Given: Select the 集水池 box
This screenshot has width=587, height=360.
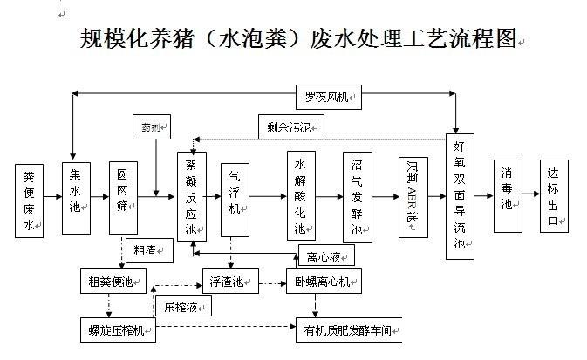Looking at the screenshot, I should tap(76, 197).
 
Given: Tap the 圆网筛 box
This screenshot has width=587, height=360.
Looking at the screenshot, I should tap(123, 197).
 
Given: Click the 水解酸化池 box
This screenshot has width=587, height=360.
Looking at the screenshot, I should tap(301, 196).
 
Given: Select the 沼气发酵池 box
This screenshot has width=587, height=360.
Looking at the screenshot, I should tap(357, 197).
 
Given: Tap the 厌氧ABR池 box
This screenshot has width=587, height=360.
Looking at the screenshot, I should tap(413, 197).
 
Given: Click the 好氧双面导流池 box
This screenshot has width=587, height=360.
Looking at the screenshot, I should tap(460, 196).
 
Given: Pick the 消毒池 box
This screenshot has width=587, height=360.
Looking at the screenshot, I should tap(508, 196).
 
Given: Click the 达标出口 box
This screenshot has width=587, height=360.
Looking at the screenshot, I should tap(554, 196).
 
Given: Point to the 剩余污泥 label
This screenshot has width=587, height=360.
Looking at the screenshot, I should tap(289, 127).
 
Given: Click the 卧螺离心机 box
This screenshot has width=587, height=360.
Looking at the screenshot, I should tap(324, 282).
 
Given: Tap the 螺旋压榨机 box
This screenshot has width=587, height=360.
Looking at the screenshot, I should tap(116, 329).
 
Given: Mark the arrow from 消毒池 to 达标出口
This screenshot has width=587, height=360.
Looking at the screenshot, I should tap(531, 196).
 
